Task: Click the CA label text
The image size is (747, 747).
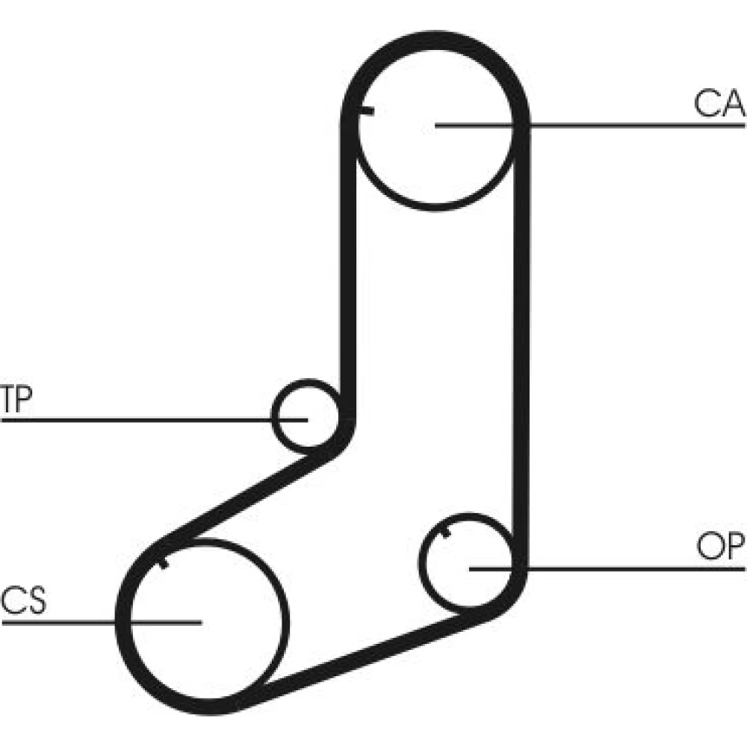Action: pos(719,105)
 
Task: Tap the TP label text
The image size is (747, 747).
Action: pos(15,400)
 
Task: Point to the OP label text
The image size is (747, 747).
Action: pos(720,548)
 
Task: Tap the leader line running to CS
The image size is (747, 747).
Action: pos(60,621)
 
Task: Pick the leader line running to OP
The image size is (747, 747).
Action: pos(635,568)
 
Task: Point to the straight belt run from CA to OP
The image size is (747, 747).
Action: pos(521,336)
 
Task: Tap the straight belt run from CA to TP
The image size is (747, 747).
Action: pos(347,261)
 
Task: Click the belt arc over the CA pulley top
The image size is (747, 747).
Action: pos(436,41)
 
